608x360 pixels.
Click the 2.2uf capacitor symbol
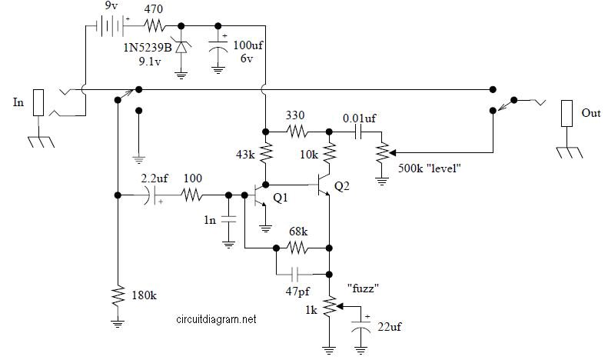(152, 195)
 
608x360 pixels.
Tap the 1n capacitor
(228, 220)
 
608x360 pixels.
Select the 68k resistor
(297, 248)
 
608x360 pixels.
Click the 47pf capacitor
(297, 274)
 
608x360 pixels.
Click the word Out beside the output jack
(590, 113)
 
